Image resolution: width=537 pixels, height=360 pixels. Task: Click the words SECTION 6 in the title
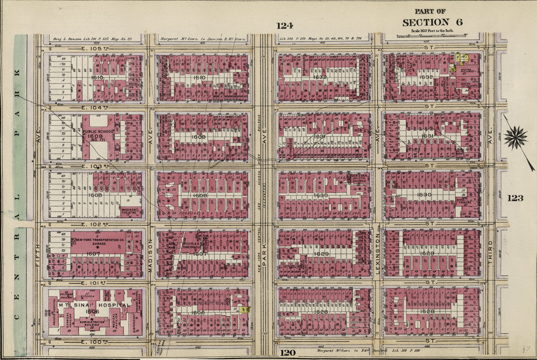coord(425,22)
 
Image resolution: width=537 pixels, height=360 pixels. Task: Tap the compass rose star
coord(515,138)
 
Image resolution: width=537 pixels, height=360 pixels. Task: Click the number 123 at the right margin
coord(515,198)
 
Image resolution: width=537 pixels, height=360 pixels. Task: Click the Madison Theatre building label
coord(130,211)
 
